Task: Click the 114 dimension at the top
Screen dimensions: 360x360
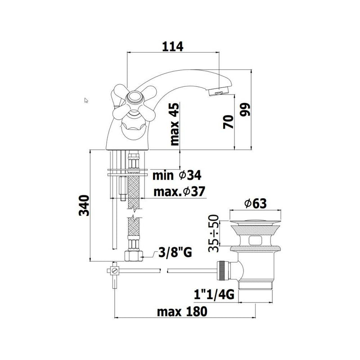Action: point(173,47)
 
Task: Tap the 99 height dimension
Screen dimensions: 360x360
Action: point(245,109)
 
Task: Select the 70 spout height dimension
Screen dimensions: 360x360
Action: point(228,122)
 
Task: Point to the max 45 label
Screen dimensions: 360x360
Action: point(175,124)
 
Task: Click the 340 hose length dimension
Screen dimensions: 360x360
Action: point(84,206)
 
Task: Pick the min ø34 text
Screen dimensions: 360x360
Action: point(177,175)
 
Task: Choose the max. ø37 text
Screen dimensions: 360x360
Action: point(179,192)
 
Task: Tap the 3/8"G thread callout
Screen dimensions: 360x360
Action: point(175,253)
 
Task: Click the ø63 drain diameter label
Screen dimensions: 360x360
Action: point(256,203)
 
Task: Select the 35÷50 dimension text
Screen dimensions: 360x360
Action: point(213,233)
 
